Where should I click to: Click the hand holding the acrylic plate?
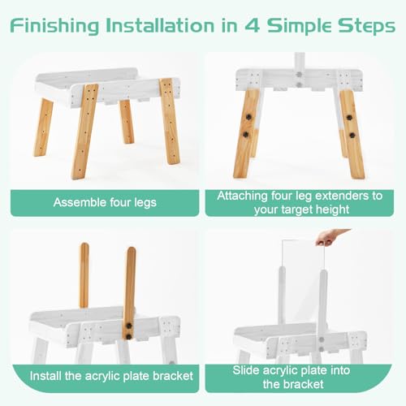pos(330,236)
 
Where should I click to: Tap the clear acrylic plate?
pos(301,272)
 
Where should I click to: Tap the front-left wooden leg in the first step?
pos(84,130)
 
